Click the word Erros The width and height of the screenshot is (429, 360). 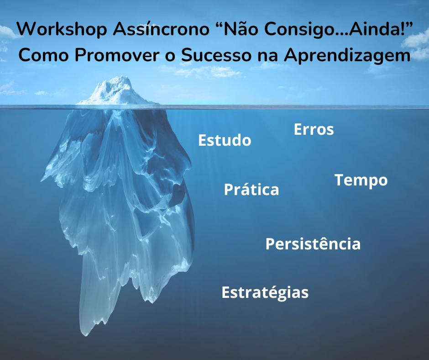coord(314,129)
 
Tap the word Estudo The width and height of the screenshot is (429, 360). coord(225,140)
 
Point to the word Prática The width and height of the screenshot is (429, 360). coord(251,189)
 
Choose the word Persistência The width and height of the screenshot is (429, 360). coord(313,244)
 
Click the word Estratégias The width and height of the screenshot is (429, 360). coord(265,292)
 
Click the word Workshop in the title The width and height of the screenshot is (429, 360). coord(62,29)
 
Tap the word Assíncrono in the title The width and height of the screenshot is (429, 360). coord(161,29)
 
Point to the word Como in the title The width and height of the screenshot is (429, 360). coord(43,55)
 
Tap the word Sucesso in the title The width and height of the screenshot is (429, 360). coord(216,55)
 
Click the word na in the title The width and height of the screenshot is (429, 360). coord(267,57)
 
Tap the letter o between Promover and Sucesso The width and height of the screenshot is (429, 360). coord(170,57)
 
